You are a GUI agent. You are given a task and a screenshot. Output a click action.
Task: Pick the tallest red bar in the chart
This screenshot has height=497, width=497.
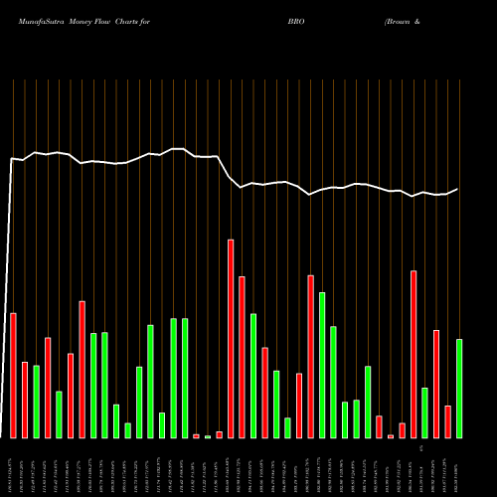[x=231, y=338]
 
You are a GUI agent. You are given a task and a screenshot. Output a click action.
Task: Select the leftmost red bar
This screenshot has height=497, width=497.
[x=13, y=375]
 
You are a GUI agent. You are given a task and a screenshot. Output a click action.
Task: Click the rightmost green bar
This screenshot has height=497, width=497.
[x=459, y=388]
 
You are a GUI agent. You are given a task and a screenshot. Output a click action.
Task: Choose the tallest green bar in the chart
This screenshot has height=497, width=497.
[x=322, y=365]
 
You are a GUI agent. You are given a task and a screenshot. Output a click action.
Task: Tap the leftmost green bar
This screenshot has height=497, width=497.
[x=36, y=402]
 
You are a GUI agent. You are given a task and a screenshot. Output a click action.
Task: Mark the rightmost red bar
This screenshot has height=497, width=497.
[x=447, y=421]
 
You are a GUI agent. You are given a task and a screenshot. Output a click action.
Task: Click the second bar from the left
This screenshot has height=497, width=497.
[x=25, y=400]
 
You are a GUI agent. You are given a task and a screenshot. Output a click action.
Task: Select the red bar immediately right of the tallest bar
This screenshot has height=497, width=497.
[x=243, y=357]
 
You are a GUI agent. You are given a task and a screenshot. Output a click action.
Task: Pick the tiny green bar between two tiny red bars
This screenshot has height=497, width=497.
[x=208, y=436]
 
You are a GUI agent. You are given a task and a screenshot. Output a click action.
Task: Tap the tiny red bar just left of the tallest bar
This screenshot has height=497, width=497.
[x=219, y=434]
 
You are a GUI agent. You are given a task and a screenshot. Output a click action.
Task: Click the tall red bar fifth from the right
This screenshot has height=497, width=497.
[x=414, y=354]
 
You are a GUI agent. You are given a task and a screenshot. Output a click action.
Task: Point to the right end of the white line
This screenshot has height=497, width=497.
[x=458, y=189]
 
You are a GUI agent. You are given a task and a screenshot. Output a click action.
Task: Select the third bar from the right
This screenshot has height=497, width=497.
[x=436, y=384]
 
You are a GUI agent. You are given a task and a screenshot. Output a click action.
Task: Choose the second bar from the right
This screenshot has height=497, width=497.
[x=447, y=421]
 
